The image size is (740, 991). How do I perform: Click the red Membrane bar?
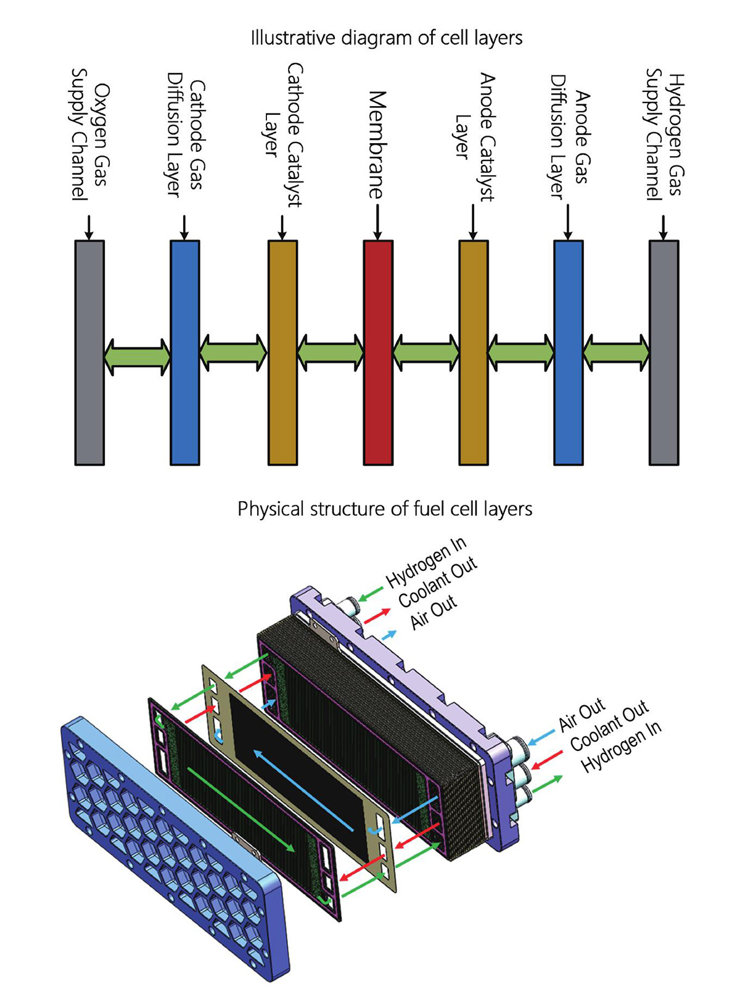[x=378, y=352]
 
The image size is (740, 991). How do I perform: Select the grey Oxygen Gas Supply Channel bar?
[x=89, y=352]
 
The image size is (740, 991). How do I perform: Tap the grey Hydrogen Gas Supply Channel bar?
[x=664, y=352]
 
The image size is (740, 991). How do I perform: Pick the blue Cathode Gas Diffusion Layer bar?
[x=184, y=352]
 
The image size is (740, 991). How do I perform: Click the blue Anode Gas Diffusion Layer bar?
[x=568, y=352]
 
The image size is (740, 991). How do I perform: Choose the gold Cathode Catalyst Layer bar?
[x=282, y=352]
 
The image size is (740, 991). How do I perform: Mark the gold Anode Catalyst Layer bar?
[x=473, y=352]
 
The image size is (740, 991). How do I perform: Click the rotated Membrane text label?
[x=377, y=145]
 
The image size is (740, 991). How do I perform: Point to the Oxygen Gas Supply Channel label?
[x=90, y=134]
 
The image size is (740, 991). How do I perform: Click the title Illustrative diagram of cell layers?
[x=386, y=38]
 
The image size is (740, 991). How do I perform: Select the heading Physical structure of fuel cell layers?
[x=385, y=509]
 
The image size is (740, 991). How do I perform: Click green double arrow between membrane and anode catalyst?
[x=426, y=353]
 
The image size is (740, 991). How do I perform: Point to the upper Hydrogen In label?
[x=426, y=562]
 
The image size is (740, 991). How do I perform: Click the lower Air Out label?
[x=582, y=716]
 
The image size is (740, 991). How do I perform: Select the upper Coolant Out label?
[x=438, y=583]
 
